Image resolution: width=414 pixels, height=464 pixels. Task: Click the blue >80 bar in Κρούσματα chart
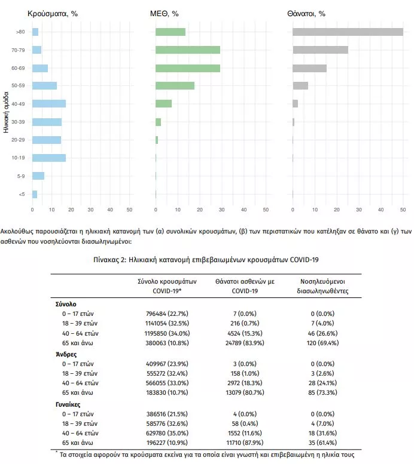coord(35,32)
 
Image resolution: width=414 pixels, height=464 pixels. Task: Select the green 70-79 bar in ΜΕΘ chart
coord(188,50)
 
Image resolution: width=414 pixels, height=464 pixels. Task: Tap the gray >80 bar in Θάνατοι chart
coord(348,32)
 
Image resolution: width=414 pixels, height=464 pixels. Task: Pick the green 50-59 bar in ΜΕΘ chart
coord(175,85)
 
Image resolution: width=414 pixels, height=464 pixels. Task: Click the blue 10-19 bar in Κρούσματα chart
coord(49,158)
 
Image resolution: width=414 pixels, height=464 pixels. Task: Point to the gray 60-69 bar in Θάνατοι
coord(309,67)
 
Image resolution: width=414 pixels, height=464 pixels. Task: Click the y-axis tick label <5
coord(22,194)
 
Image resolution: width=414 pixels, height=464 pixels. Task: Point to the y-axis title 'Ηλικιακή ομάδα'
coord(5,116)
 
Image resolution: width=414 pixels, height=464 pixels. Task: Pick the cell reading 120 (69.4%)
coord(322,343)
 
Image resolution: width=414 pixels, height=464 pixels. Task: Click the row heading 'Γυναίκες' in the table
coord(68,404)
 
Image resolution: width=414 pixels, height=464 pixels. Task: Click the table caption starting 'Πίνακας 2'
coord(206,260)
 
